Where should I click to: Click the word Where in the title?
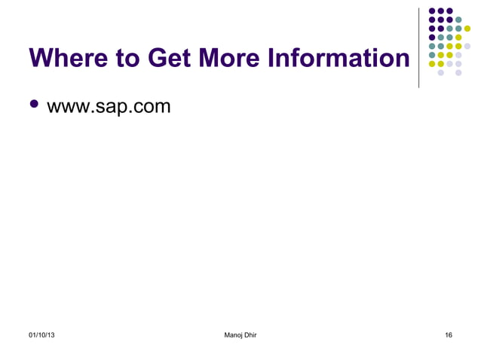tap(66, 57)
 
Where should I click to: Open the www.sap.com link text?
tap(109, 106)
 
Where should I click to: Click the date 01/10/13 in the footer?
tap(41, 334)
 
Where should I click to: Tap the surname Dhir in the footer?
tap(249, 334)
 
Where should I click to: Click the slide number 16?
tap(449, 334)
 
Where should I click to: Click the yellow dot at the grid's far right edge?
tap(467, 29)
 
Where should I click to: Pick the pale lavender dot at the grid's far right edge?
tap(467, 46)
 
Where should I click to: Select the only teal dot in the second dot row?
tap(458, 20)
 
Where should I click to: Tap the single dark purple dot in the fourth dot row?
tap(432, 37)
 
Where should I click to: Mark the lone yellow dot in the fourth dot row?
tap(458, 37)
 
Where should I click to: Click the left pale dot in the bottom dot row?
tap(441, 72)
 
